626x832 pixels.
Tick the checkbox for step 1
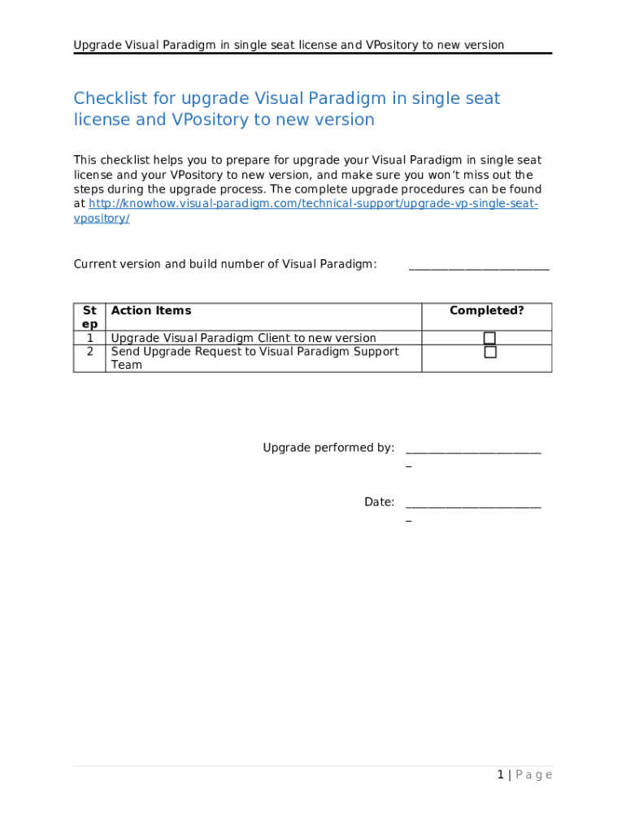pos(489,338)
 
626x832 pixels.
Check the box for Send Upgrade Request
pos(489,353)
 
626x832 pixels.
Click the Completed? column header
pos(486,310)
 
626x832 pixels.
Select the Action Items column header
pos(151,310)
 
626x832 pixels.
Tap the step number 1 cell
pos(89,338)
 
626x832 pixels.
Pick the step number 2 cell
pos(89,352)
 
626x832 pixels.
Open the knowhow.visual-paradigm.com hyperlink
pos(313,203)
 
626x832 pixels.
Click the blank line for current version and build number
pos(479,266)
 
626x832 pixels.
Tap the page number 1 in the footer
pos(501,775)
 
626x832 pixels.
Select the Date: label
pos(379,502)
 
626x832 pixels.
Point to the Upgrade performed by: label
pos(328,448)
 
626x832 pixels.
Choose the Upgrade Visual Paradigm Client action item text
pos(243,338)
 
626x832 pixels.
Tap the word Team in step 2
pos(126,366)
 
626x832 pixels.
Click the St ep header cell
pos(89,317)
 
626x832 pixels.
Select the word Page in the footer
pos(533,775)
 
